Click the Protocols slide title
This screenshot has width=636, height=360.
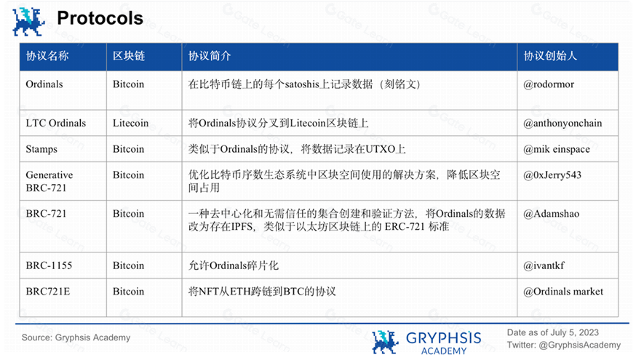[x=100, y=18]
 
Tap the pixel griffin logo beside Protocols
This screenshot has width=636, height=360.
[x=28, y=22]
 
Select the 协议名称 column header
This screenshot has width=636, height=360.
[x=47, y=56]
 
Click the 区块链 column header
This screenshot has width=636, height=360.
[x=129, y=56]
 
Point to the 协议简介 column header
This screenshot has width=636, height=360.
[x=210, y=56]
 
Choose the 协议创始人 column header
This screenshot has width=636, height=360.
[x=550, y=56]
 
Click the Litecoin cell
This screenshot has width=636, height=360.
[x=130, y=123]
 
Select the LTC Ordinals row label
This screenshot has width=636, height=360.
[x=56, y=123]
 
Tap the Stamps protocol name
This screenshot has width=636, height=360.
[x=41, y=149]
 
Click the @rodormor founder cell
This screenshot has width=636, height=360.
[x=549, y=84]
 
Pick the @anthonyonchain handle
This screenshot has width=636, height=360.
[x=563, y=123]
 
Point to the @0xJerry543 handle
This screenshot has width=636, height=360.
[x=552, y=175]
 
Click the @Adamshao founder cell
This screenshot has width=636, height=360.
[x=552, y=214]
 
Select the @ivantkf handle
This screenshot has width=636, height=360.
[x=544, y=265]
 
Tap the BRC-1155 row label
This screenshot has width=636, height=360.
[x=49, y=265]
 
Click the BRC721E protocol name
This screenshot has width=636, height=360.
[x=48, y=292]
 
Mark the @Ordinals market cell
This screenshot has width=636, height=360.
[x=563, y=292]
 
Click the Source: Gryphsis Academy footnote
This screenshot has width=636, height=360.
[x=76, y=337]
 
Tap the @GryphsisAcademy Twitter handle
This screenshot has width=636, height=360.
[x=580, y=345]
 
